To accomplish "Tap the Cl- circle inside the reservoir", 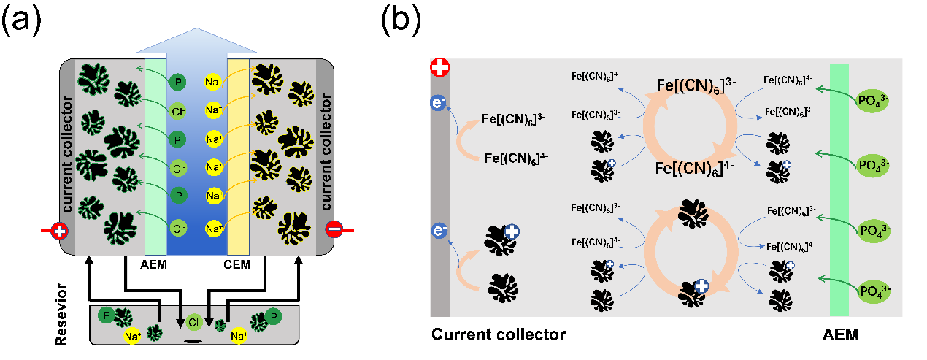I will coord(193,322).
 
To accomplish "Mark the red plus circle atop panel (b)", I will coord(440,69).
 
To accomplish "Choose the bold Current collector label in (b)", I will coord(499,335).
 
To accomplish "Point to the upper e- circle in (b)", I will coord(439,104).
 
